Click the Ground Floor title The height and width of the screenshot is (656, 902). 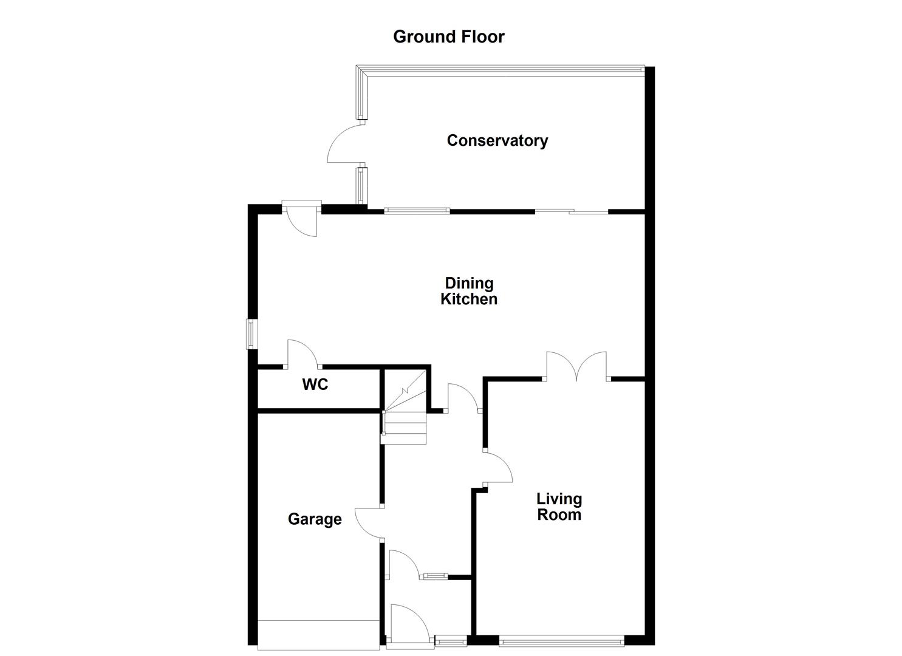click(x=448, y=36)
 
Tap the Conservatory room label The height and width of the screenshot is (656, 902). click(x=497, y=140)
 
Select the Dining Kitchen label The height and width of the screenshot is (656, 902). click(x=468, y=291)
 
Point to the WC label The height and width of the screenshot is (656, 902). click(x=315, y=384)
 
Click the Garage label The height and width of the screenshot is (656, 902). click(x=314, y=519)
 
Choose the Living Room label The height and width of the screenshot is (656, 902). click(x=559, y=507)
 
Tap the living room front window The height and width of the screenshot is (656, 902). click(x=561, y=639)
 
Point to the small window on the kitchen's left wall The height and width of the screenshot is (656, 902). click(x=251, y=334)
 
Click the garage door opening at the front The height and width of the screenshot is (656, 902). click(x=319, y=635)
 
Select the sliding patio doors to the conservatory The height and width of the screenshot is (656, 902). click(x=571, y=211)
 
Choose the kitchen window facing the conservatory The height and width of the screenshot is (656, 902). click(x=417, y=211)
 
